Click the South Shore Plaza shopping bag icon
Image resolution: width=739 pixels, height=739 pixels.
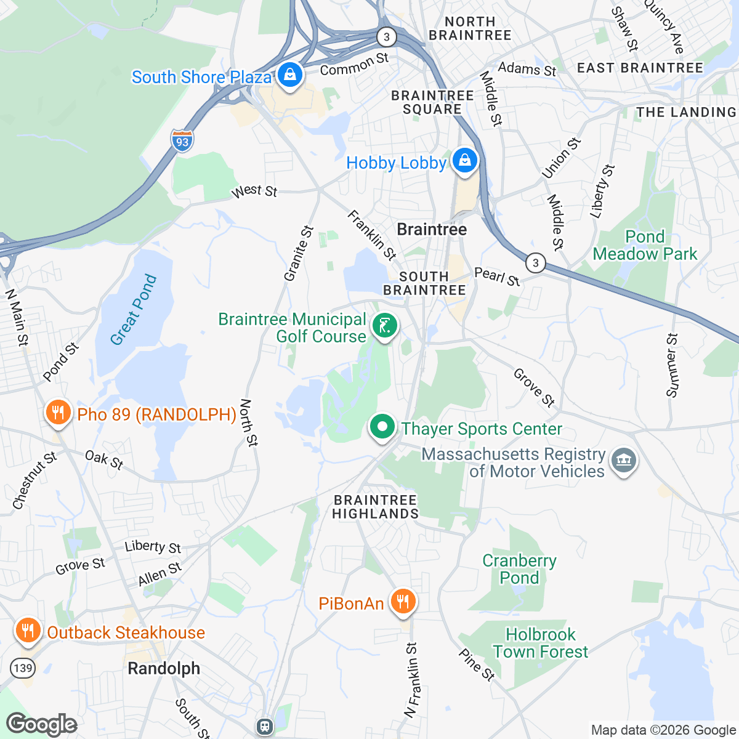(289, 76)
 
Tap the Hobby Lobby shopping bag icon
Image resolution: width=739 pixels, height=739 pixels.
(465, 161)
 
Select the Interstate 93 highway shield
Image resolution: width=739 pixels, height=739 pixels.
(182, 141)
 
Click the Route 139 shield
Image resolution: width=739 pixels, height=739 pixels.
(22, 668)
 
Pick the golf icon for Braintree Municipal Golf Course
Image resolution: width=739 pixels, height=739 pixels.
(385, 326)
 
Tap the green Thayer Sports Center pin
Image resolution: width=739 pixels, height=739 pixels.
(382, 427)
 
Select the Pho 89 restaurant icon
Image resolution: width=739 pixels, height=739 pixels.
(58, 413)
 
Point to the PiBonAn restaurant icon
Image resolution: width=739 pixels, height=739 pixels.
(403, 601)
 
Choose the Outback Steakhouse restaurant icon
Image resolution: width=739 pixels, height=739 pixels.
(27, 631)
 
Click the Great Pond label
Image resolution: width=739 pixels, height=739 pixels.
(134, 310)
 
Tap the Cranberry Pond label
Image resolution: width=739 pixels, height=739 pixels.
(519, 569)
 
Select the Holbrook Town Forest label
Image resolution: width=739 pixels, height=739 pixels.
(540, 643)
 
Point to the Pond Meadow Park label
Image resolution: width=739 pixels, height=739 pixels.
(645, 245)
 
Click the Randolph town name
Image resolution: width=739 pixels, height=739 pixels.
(164, 668)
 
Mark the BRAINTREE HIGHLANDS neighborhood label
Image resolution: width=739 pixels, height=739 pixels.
(375, 507)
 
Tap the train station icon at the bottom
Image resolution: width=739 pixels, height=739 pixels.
(265, 726)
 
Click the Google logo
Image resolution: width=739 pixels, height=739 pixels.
(41, 724)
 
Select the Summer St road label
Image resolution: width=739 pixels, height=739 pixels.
(672, 365)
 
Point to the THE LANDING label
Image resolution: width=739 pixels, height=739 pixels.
(686, 112)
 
